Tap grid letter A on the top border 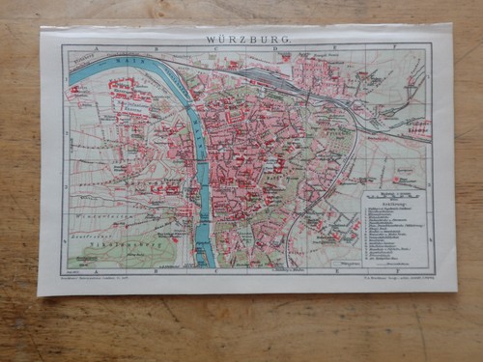[94, 47]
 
